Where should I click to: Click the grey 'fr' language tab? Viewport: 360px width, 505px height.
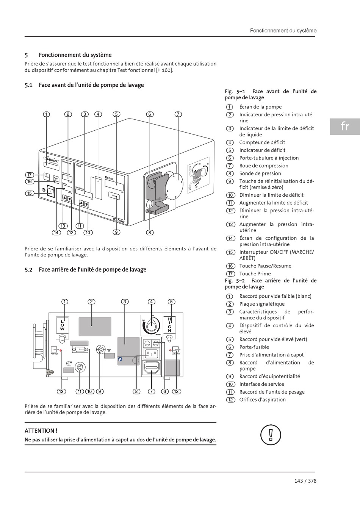click(344, 126)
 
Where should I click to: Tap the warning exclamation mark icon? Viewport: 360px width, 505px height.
click(271, 435)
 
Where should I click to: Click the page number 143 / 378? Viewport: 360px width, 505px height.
click(305, 481)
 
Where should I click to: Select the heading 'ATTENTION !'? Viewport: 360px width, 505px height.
click(41, 431)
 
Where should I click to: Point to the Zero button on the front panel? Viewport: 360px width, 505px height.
click(113, 195)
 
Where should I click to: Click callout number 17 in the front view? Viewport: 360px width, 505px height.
click(30, 175)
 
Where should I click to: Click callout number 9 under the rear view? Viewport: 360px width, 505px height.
click(100, 391)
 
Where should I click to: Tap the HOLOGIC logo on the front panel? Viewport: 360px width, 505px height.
click(121, 219)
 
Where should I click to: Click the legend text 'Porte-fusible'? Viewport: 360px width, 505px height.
click(254, 347)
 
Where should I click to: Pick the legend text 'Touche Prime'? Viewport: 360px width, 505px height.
click(255, 274)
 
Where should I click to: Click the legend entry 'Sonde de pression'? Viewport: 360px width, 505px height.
click(260, 174)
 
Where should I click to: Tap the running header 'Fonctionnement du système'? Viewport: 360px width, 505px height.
click(283, 31)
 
